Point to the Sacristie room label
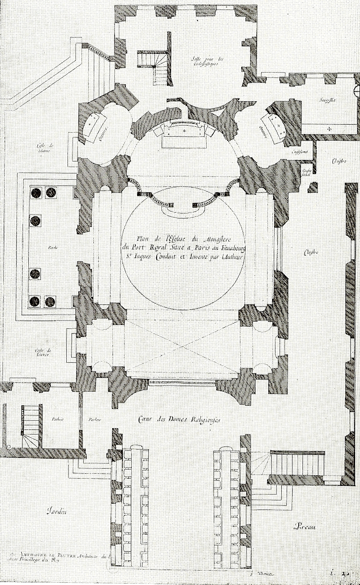tap(329, 100)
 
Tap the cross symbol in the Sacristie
tap(329, 127)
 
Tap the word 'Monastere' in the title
tap(225, 239)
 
